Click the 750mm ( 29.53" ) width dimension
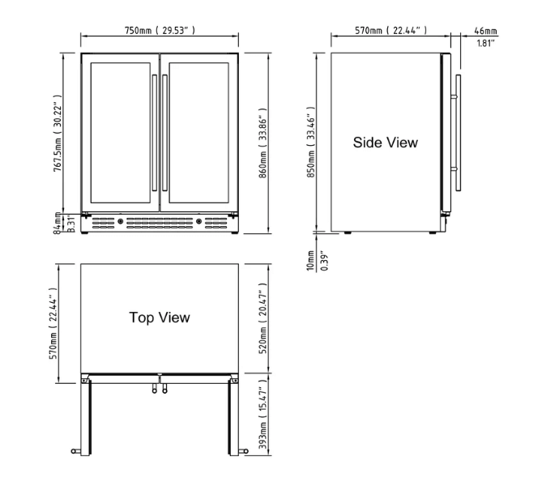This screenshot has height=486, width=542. pyautogui.click(x=160, y=30)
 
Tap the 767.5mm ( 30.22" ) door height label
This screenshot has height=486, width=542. pyautogui.click(x=58, y=130)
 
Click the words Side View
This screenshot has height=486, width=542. pyautogui.click(x=385, y=143)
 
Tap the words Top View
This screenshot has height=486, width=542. pyautogui.click(x=160, y=318)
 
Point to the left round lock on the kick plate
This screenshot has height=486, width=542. pyautogui.click(x=122, y=221)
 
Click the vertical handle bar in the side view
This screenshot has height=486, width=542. pyautogui.click(x=459, y=134)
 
